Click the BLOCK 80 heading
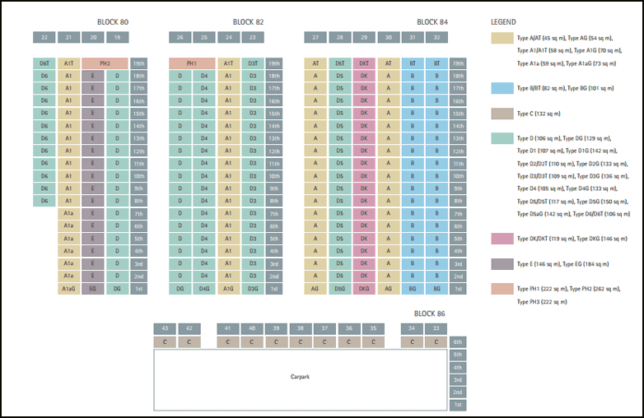pyautogui.click(x=112, y=22)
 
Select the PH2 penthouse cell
pyautogui.click(x=105, y=63)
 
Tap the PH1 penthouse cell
pyautogui.click(x=192, y=63)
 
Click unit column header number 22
pyautogui.click(x=44, y=37)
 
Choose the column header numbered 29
pyautogui.click(x=364, y=37)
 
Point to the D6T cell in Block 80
pyautogui.click(x=44, y=63)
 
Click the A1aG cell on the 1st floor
pyautogui.click(x=69, y=289)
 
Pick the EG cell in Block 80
pyautogui.click(x=93, y=289)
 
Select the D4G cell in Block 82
pyautogui.click(x=204, y=289)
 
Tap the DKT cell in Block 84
pyautogui.click(x=364, y=63)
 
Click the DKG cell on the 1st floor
pyautogui.click(x=364, y=289)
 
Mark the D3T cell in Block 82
pyautogui.click(x=253, y=63)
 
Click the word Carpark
pyautogui.click(x=300, y=377)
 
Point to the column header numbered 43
pyautogui.click(x=166, y=328)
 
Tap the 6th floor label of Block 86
pyautogui.click(x=458, y=341)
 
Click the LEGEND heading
pyautogui.click(x=503, y=22)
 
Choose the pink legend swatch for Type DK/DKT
pyautogui.click(x=502, y=239)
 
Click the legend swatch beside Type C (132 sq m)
pyautogui.click(x=502, y=114)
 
